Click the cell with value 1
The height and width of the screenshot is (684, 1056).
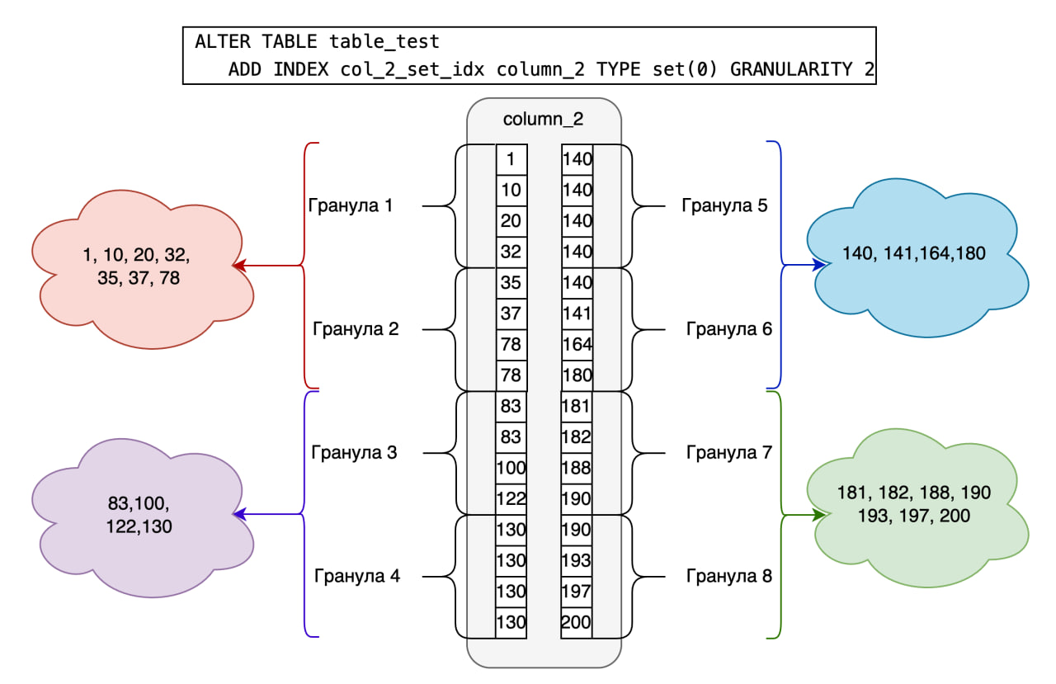click(511, 159)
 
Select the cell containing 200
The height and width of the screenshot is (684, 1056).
click(577, 622)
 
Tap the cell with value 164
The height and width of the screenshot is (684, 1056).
click(577, 344)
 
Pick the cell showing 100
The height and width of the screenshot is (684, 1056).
click(511, 468)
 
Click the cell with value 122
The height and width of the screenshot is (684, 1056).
click(511, 499)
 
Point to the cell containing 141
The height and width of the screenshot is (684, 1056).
click(577, 314)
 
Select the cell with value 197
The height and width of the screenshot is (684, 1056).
click(577, 592)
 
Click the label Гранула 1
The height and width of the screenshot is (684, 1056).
click(350, 205)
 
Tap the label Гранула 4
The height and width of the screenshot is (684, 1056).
click(357, 576)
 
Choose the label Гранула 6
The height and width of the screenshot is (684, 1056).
click(729, 329)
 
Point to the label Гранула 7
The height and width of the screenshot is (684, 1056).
click(729, 452)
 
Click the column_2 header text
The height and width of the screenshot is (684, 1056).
click(543, 119)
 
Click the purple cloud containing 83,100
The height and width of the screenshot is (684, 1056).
click(139, 514)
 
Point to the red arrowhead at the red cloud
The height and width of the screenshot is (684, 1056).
click(239, 266)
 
